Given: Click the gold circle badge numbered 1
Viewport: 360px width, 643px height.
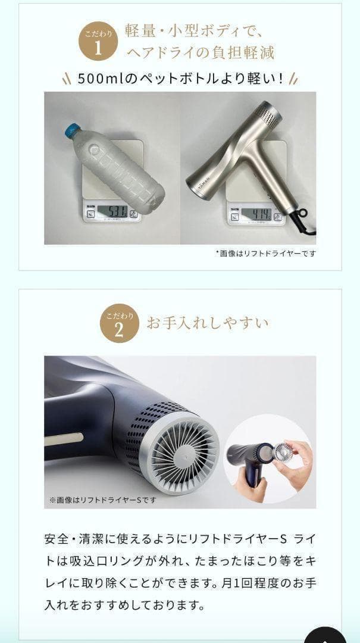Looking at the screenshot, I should pyautogui.click(x=98, y=43).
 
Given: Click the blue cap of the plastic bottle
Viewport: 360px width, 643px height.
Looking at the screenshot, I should pyautogui.click(x=73, y=127).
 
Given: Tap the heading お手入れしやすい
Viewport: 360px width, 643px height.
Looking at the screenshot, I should pyautogui.click(x=208, y=323).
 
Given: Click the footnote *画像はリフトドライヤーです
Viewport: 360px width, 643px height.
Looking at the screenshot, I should pyautogui.click(x=265, y=253).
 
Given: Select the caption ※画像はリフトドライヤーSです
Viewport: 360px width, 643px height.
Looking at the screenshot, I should pyautogui.click(x=102, y=500).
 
